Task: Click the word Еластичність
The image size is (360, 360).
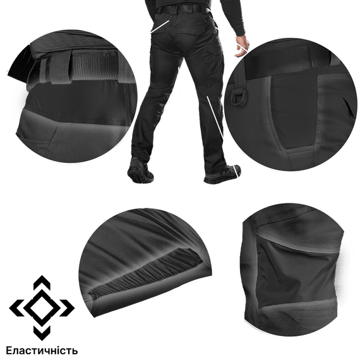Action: click(42, 351)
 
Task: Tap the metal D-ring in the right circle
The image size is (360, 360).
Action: click(239, 97)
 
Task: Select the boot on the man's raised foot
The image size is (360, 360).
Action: click(140, 171)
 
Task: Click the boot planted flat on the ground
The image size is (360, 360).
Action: click(223, 174)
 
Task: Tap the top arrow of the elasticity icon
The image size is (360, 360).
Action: click(42, 282)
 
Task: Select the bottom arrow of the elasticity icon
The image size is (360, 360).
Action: click(42, 333)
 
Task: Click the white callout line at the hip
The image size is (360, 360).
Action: click(160, 26)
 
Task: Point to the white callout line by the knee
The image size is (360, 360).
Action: click(215, 117)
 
